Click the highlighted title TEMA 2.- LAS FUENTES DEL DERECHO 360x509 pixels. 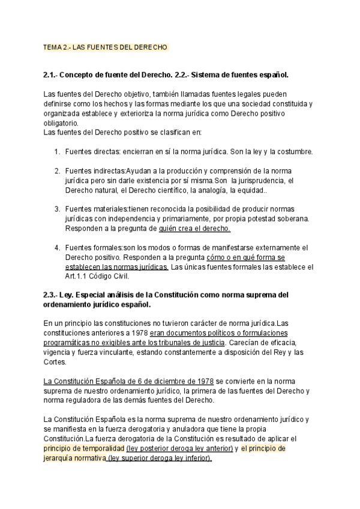click(106, 47)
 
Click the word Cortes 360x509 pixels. click(56, 362)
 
